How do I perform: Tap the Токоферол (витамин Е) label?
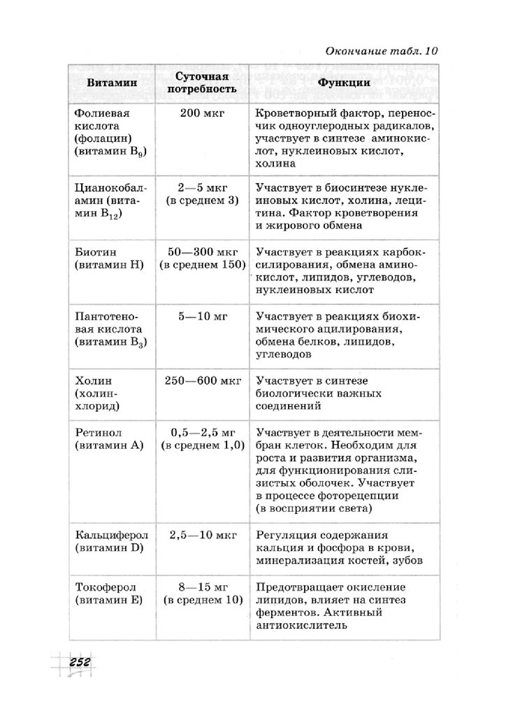click(108, 593)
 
